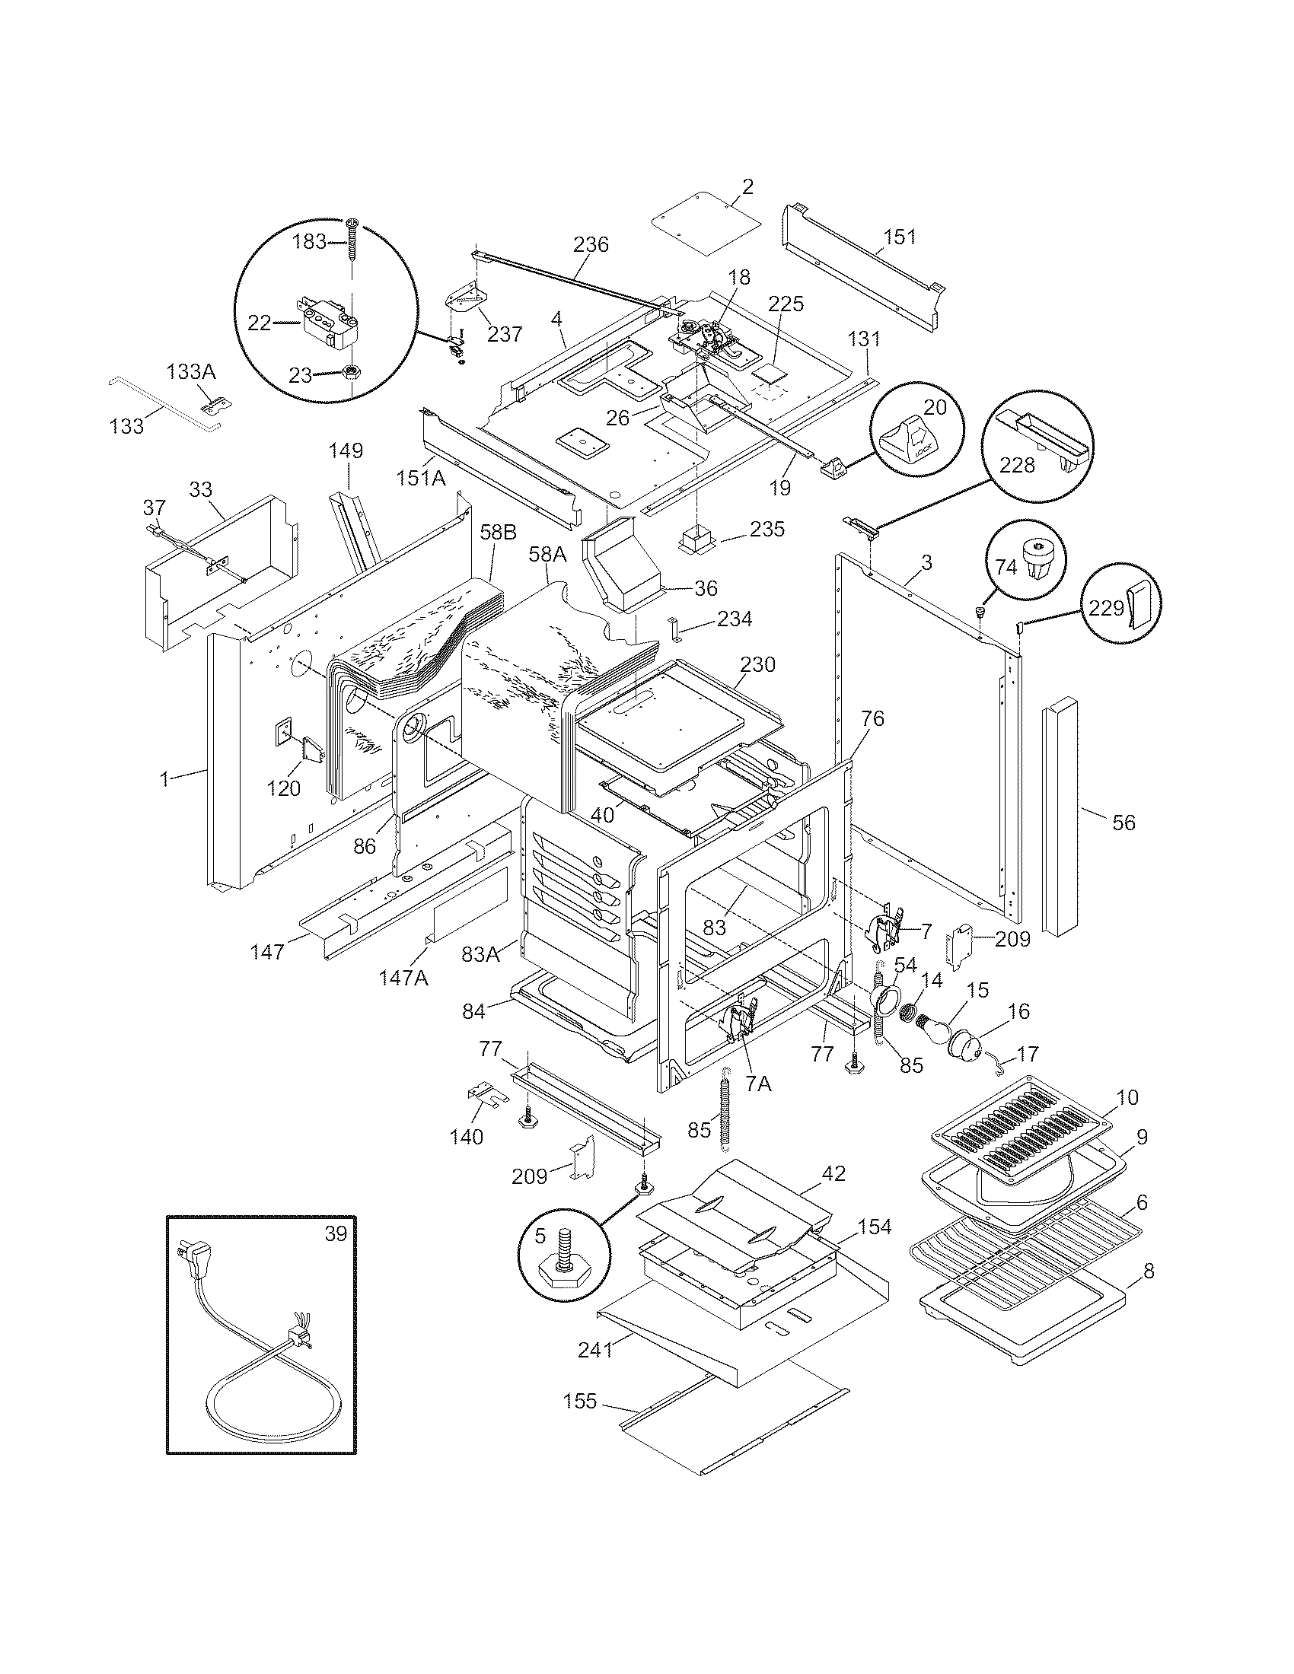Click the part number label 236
(x=590, y=244)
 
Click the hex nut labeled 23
(x=353, y=374)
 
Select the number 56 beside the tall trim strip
(x=1123, y=823)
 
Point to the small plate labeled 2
(x=706, y=227)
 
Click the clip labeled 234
(x=675, y=628)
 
